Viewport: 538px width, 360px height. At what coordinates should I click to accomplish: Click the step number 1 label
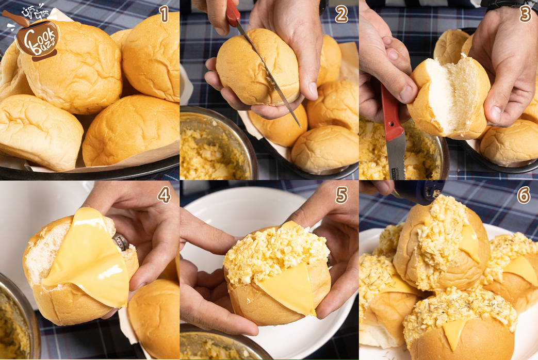164,14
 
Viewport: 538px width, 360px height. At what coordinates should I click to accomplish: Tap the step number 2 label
341,15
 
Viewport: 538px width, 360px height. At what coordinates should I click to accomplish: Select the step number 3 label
525,14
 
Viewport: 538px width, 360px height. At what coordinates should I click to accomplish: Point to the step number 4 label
164,195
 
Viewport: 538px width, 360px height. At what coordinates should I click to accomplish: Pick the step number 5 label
341,195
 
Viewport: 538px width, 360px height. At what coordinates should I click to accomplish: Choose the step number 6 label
524,195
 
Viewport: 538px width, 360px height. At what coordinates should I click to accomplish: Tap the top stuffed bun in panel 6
441,242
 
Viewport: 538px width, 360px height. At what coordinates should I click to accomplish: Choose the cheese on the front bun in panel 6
454,333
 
